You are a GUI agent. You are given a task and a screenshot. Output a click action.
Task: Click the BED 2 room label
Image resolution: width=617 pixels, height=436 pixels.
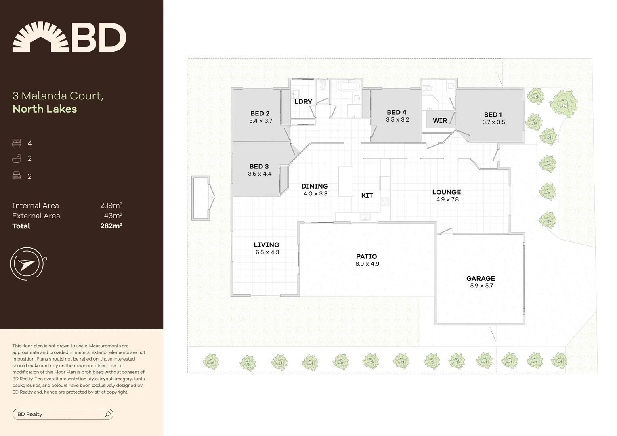(x=260, y=113)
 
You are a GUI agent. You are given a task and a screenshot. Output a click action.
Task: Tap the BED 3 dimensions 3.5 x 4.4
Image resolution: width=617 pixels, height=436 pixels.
(x=260, y=174)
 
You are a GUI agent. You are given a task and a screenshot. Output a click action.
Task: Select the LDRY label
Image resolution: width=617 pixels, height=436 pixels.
(x=303, y=101)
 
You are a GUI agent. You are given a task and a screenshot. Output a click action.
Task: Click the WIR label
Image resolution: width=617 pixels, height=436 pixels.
(x=440, y=120)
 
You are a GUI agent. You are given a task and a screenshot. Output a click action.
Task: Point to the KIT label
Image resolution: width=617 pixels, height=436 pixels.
(x=367, y=195)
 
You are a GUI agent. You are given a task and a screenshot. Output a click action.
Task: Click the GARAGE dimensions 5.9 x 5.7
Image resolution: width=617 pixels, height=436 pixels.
(x=481, y=286)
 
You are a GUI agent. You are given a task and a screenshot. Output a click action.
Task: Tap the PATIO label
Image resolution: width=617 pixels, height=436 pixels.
(x=366, y=256)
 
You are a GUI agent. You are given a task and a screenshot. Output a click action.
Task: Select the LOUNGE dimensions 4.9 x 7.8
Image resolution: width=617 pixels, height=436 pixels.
(x=447, y=199)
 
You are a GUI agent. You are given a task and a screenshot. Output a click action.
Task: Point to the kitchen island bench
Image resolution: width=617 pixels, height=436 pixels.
(x=345, y=182)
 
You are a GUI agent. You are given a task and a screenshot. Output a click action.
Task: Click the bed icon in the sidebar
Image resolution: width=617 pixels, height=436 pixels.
(x=17, y=143)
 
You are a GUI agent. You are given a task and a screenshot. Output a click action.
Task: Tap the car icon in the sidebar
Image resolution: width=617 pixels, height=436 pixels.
(x=17, y=176)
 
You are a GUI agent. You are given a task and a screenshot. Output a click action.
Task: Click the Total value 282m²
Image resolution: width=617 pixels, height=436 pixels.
(x=111, y=226)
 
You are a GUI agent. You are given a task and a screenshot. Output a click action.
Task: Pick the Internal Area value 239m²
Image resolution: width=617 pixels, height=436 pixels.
(x=111, y=205)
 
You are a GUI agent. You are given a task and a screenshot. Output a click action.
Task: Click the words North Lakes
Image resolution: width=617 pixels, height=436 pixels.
(x=44, y=109)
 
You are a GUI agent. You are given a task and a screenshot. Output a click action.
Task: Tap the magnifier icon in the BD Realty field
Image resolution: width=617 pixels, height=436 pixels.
(x=108, y=414)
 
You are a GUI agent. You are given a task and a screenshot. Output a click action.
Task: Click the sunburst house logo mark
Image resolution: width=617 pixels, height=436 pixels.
(x=40, y=37)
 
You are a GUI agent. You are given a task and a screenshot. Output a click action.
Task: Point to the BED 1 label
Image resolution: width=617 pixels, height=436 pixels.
(x=493, y=115)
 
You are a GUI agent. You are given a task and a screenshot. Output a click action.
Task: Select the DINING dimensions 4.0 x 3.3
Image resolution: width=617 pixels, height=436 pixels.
(x=315, y=194)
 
